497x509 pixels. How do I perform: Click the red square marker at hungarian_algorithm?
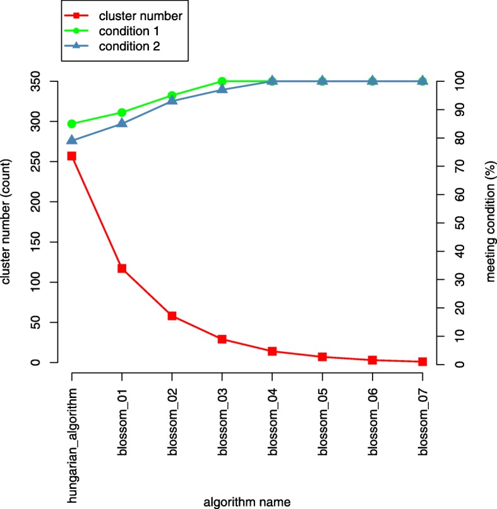coord(71,156)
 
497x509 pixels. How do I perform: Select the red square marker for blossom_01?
coord(121,268)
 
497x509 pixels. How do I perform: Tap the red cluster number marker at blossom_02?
coord(172,315)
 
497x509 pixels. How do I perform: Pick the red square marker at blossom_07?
coord(422,361)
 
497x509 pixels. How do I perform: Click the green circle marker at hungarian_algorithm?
coord(71,124)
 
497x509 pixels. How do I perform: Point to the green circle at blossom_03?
coord(222,81)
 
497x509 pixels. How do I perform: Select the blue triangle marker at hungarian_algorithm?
coord(71,140)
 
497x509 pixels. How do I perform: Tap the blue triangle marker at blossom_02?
coord(172,100)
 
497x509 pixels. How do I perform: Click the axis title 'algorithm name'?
coord(247,501)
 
